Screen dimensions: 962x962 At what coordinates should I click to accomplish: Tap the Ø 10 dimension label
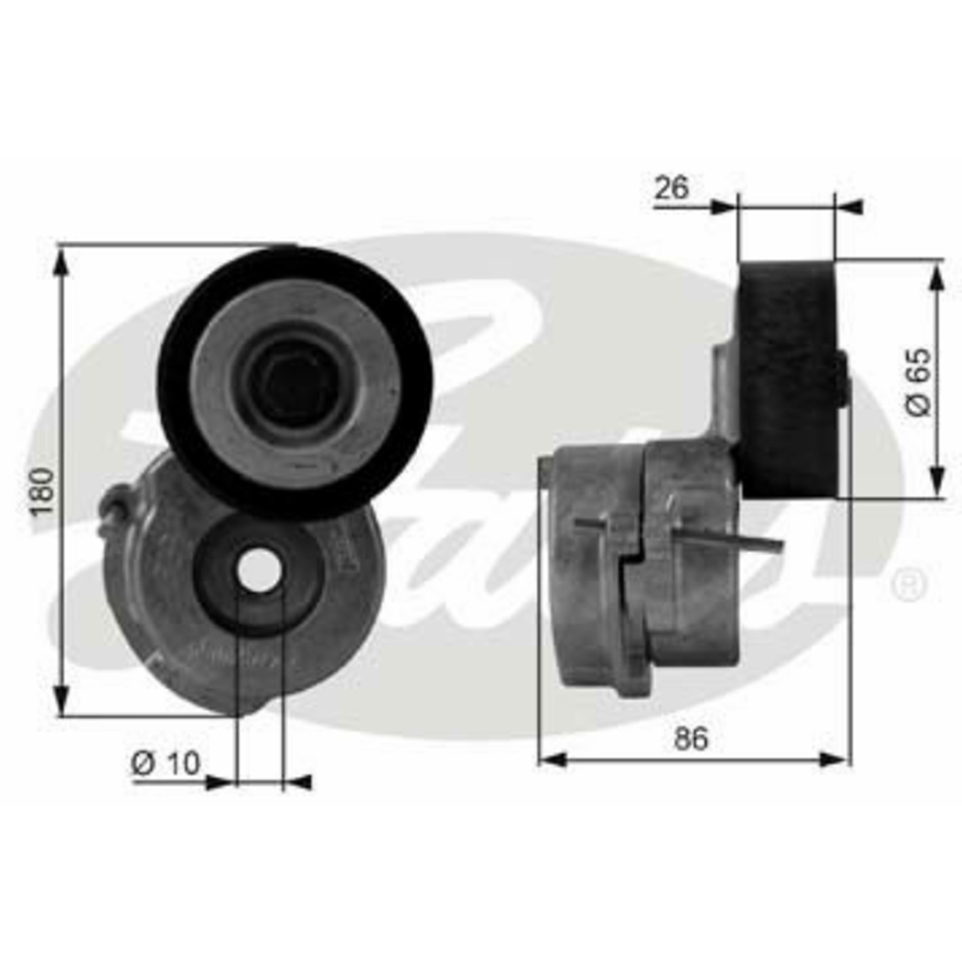point(166,763)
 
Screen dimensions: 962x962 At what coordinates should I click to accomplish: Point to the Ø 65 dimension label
point(918,383)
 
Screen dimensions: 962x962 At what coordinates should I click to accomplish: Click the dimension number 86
point(691,738)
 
